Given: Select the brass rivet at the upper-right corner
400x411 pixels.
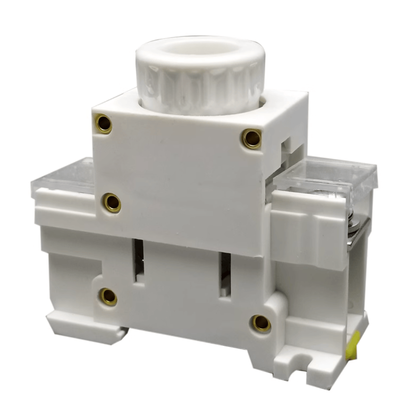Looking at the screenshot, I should click(252, 138).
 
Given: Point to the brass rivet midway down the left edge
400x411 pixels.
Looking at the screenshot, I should click(112, 202).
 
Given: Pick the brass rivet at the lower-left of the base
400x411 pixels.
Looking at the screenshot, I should click(108, 296).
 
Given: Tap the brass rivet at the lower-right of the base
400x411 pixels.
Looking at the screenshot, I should click(261, 323).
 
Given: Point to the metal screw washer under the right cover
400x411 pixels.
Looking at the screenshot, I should click(352, 221).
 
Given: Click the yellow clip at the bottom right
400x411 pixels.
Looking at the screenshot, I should click(352, 345).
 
